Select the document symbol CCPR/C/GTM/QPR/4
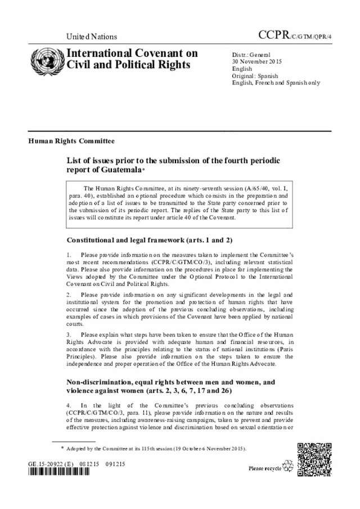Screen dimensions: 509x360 point(295,35)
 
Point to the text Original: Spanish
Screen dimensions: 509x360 point(255,75)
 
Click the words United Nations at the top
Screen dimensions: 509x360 point(92,37)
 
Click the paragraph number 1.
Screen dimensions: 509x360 point(69,255)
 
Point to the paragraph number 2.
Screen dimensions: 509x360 point(69,294)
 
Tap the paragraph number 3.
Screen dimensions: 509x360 point(69,334)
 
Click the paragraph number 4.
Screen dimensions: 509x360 point(69,406)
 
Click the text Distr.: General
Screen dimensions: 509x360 point(251,55)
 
